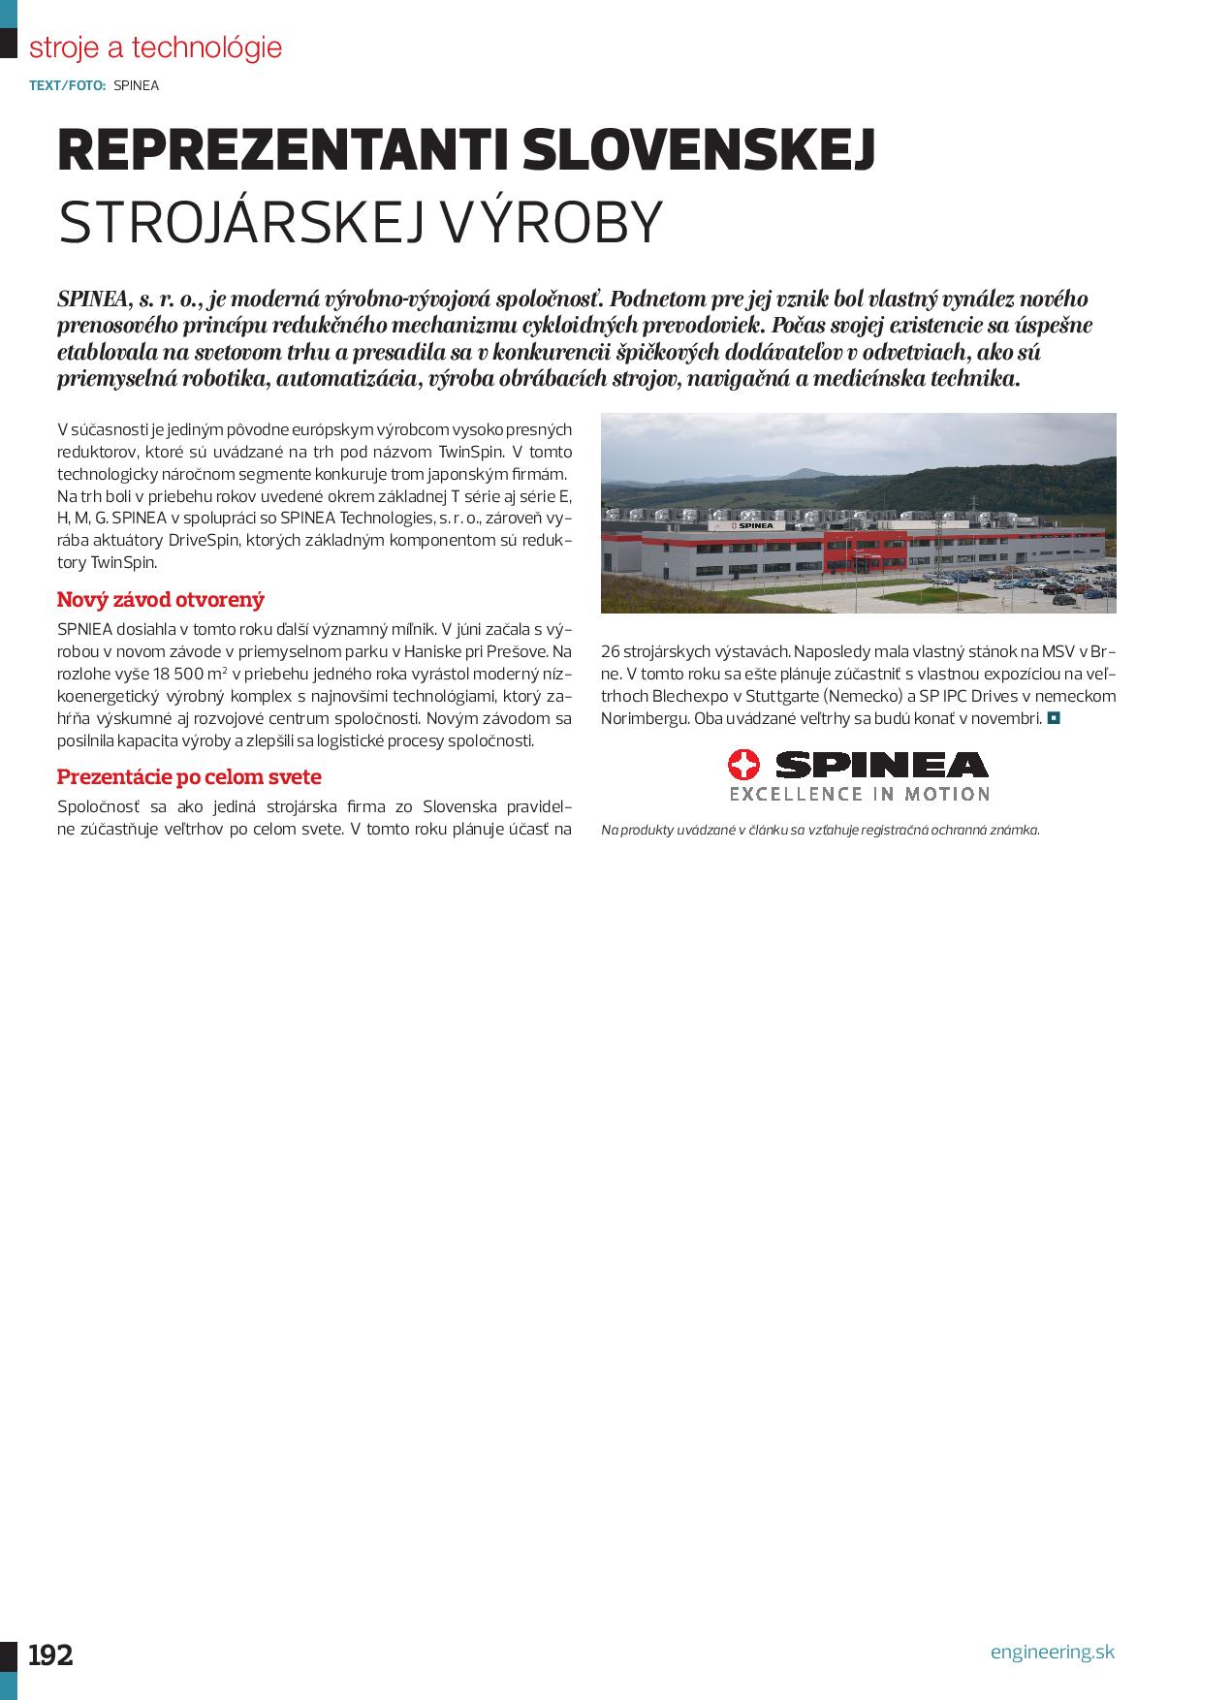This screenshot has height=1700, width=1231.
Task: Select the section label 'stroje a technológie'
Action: click(x=155, y=47)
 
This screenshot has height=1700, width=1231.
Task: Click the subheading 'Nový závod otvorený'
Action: click(x=160, y=599)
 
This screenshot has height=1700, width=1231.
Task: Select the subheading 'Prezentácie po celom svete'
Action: click(x=189, y=776)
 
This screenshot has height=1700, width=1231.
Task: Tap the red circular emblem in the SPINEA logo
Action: click(x=744, y=766)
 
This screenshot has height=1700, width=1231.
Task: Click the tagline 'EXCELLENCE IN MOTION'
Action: click(x=859, y=794)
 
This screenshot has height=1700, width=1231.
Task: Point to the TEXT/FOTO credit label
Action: click(x=68, y=85)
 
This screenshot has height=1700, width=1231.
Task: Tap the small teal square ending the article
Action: click(x=1054, y=718)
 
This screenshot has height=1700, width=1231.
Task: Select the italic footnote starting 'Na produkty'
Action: click(x=820, y=830)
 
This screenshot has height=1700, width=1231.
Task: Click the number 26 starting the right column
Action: click(x=611, y=651)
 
